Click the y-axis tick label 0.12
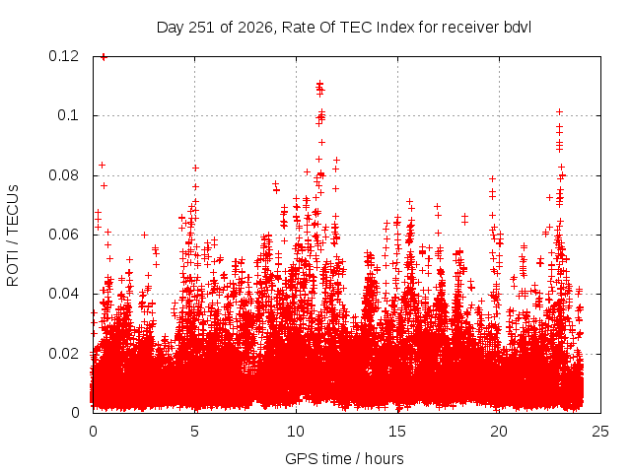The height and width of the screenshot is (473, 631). [x=63, y=56]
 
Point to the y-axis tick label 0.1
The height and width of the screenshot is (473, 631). [x=68, y=115]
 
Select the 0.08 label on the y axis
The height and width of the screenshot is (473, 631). [x=63, y=175]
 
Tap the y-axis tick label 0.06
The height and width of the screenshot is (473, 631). [x=63, y=235]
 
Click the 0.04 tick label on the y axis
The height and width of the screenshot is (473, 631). [x=63, y=294]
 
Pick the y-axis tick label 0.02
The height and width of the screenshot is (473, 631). [x=63, y=354]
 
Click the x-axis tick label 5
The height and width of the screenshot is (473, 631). [x=195, y=432]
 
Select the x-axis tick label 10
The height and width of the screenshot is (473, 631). [x=296, y=432]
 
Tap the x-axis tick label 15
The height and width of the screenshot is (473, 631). [x=397, y=432]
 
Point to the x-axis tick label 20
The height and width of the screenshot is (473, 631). [x=499, y=432]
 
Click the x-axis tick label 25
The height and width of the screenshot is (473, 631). [x=600, y=432]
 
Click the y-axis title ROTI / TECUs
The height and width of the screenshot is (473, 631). [x=13, y=236]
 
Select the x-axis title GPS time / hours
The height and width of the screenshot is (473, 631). [x=344, y=459]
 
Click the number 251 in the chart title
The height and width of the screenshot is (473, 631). [x=201, y=28]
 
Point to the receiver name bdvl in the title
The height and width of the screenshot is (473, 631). [x=517, y=28]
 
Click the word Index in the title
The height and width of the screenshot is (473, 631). [x=395, y=28]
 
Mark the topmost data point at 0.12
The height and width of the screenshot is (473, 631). [x=104, y=57]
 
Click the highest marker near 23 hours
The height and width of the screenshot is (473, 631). [x=559, y=111]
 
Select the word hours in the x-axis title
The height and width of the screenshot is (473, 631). [x=385, y=459]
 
